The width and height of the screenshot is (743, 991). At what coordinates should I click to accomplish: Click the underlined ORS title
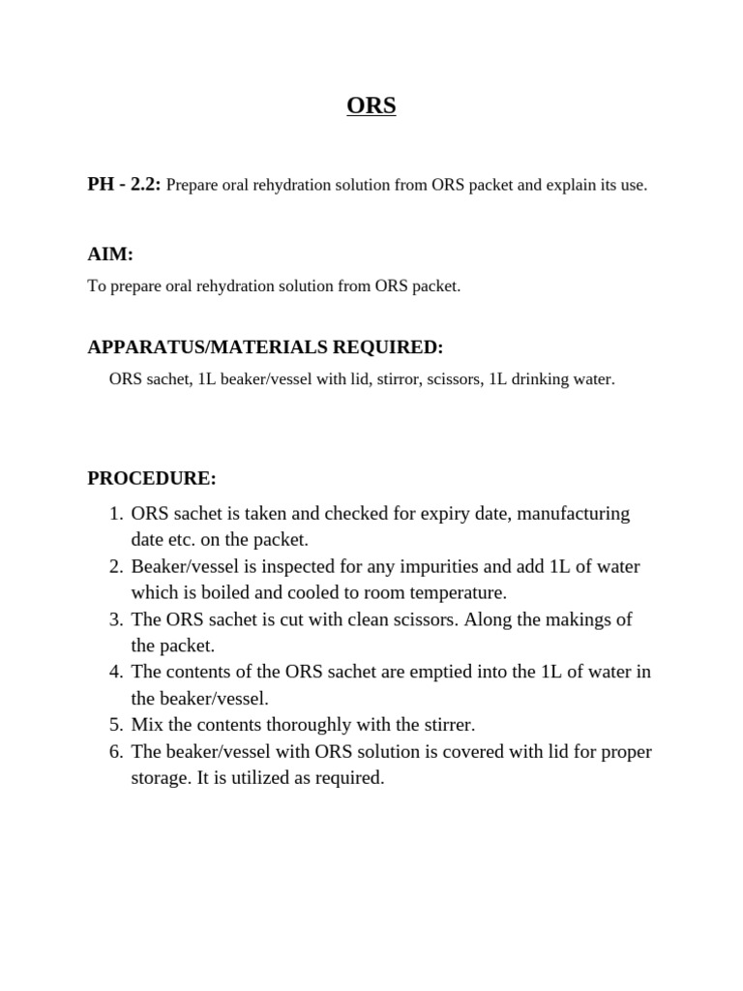point(371,105)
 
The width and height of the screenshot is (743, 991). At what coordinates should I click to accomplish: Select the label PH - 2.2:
point(124,184)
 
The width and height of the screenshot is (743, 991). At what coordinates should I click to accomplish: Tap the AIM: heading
point(110,255)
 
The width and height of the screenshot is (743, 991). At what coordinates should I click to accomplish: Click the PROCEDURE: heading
point(152,478)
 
